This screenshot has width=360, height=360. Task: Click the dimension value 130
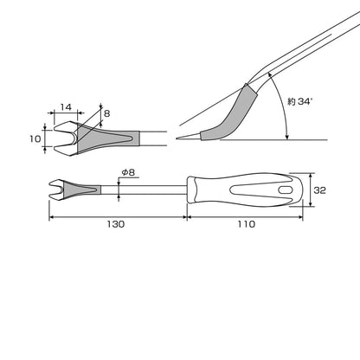(116, 224)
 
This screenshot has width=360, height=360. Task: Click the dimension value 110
(247, 224)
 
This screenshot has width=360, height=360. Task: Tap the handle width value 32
(319, 190)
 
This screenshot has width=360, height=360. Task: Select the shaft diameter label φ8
(128, 172)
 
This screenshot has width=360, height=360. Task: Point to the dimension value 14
(66, 107)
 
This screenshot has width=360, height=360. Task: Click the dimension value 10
(35, 138)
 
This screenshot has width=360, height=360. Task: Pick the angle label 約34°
(300, 101)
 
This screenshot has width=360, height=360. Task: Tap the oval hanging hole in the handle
(286, 190)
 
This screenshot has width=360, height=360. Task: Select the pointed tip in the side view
(177, 138)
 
